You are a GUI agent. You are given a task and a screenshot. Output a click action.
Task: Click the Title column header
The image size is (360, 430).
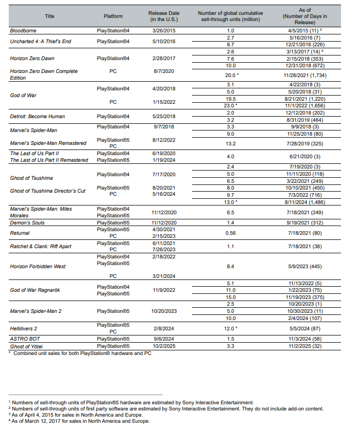pos(49,16)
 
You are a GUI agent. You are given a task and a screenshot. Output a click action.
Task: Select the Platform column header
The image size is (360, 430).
pos(113,16)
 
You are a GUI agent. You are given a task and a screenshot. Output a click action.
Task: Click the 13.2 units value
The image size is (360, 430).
pos(231,143)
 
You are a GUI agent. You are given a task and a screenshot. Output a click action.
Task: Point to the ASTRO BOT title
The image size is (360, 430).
pos(25,339)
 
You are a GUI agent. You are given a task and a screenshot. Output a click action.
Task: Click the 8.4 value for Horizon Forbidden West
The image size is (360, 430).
pos(231,266)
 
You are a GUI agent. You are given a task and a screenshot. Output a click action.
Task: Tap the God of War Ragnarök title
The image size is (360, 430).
pos(35,290)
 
